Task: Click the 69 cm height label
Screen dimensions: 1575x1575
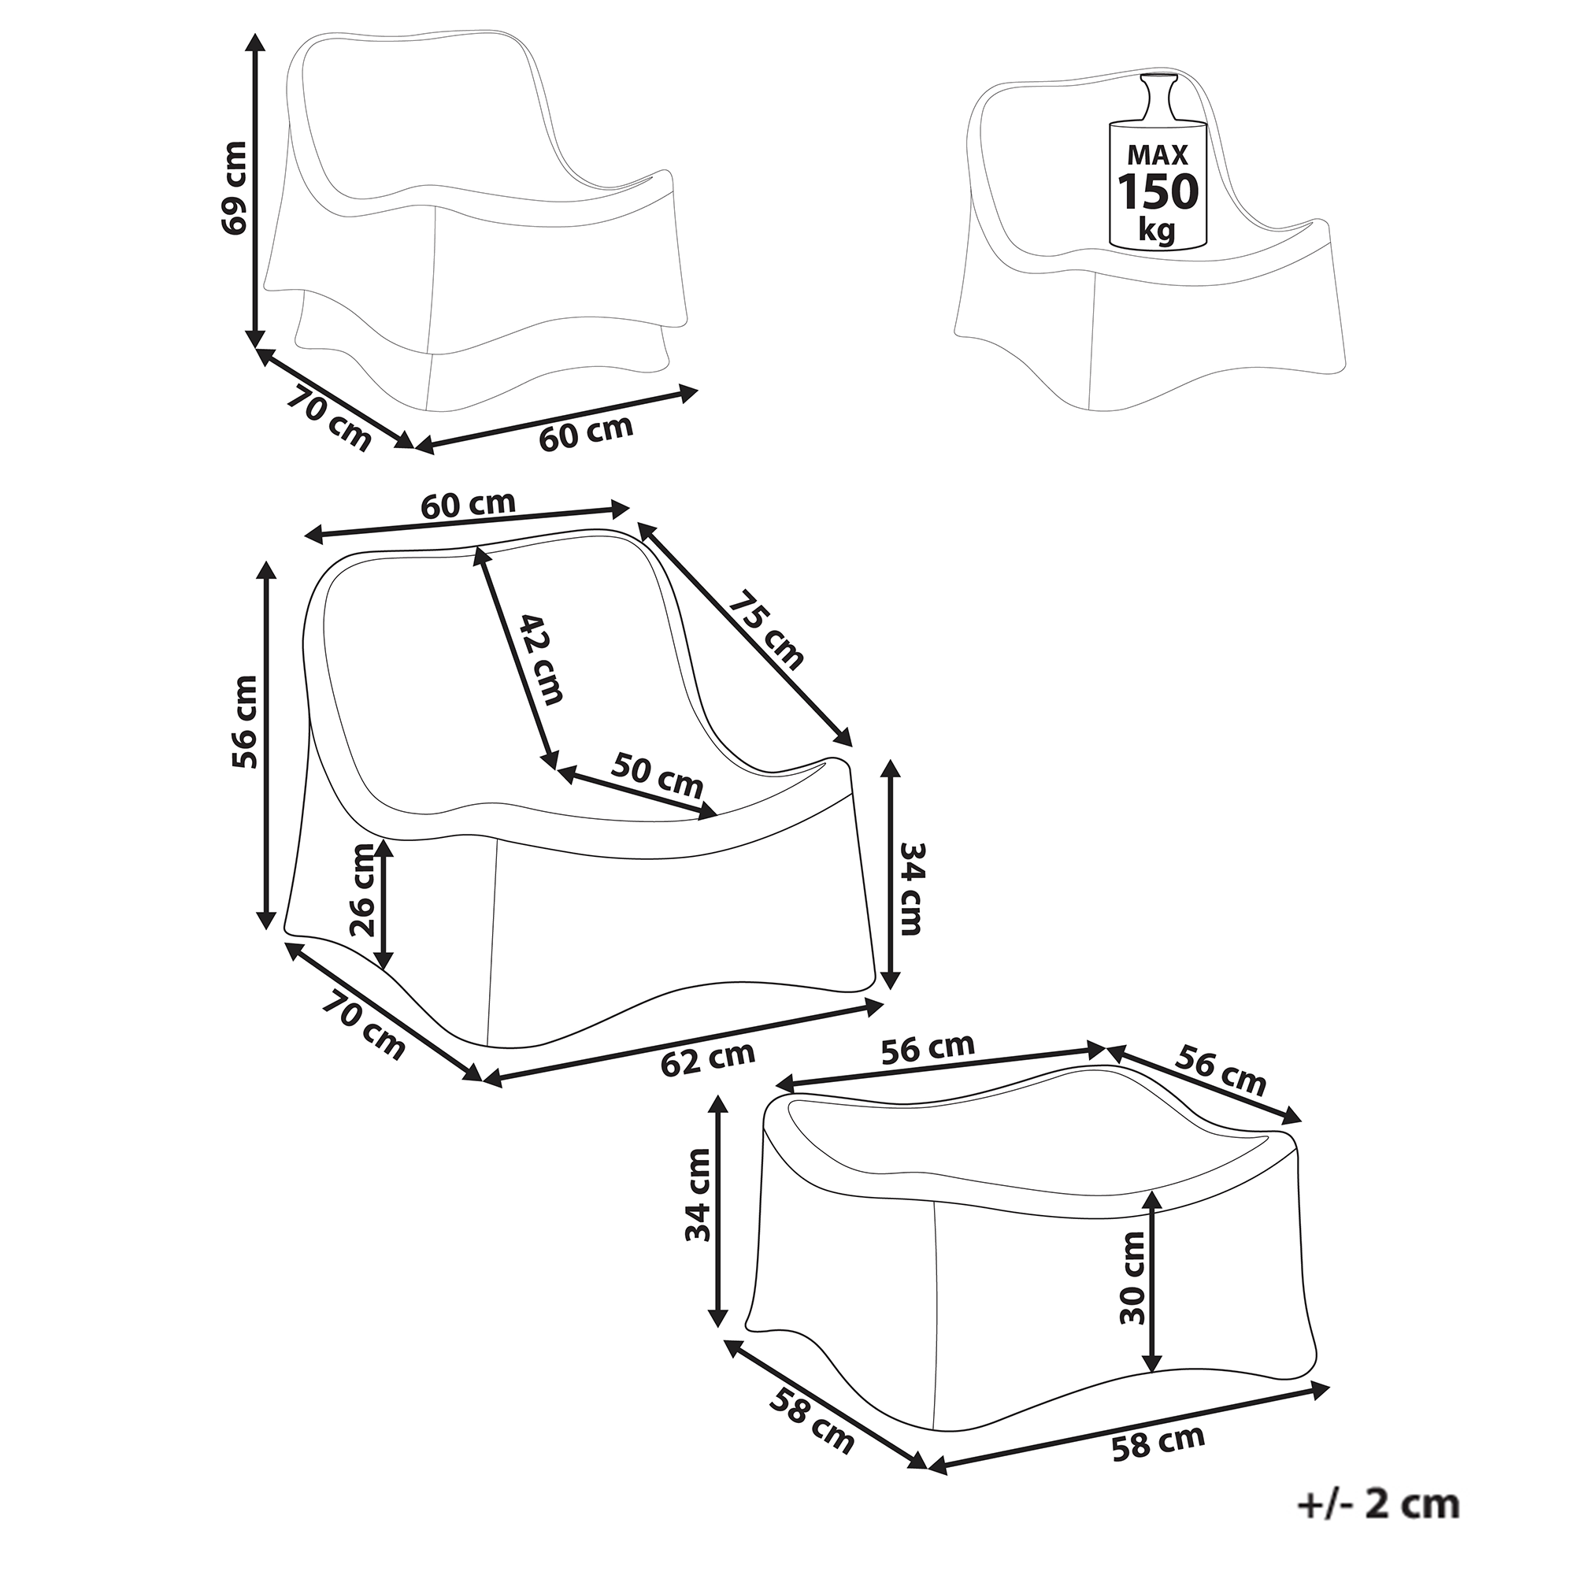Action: point(234,188)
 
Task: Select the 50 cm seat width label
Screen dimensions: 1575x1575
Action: point(657,775)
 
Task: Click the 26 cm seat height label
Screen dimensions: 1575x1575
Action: point(361,890)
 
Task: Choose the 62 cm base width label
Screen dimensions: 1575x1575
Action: point(708,1059)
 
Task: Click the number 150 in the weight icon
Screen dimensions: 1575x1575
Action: point(1158,192)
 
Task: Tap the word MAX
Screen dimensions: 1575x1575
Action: point(1158,155)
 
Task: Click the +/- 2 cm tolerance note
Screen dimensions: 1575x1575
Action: point(1377,1504)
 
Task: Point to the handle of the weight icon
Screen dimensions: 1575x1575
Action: point(1158,98)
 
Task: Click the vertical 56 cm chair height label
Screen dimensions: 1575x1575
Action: point(245,722)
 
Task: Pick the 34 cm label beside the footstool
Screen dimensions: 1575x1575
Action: point(699,1206)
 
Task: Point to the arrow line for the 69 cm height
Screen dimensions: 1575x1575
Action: point(256,188)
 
